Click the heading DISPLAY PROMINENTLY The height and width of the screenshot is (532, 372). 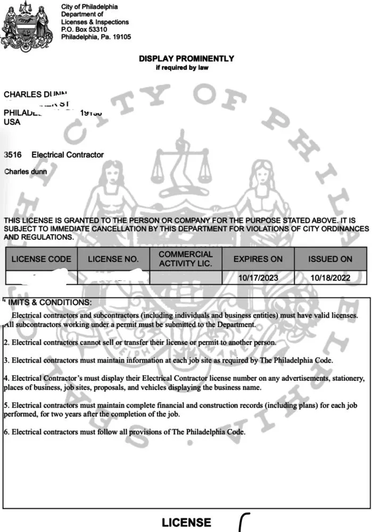(x=186, y=59)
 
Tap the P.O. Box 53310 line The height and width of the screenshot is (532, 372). (x=84, y=30)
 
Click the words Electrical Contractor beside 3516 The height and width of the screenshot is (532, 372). (x=68, y=155)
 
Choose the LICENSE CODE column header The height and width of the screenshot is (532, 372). (x=41, y=259)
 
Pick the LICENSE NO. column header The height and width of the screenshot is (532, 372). (x=113, y=259)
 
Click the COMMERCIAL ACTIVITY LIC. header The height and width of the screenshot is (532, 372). (x=185, y=259)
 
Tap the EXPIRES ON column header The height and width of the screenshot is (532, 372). (x=258, y=259)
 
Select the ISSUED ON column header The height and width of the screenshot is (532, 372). (x=330, y=259)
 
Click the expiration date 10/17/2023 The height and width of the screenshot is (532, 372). (x=258, y=278)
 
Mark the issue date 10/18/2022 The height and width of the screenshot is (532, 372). (x=330, y=278)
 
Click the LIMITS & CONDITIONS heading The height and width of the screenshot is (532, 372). (x=48, y=302)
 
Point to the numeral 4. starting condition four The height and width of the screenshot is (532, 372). (x=6, y=379)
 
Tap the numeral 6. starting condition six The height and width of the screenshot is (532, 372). (x=6, y=432)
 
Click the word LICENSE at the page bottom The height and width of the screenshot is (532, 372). (x=186, y=522)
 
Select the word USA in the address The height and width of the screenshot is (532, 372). (x=12, y=122)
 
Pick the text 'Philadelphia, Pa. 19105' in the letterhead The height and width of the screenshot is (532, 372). (x=96, y=37)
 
